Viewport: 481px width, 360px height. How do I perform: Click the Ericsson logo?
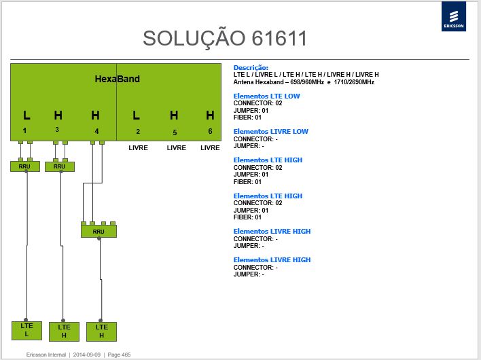tap(454, 16)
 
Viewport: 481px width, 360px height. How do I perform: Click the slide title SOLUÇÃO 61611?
tap(225, 38)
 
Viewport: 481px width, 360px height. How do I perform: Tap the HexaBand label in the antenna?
tap(117, 79)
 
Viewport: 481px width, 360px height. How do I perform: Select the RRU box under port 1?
tap(25, 166)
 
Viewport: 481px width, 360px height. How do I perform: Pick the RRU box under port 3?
tap(60, 166)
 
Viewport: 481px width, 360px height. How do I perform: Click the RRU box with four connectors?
tap(99, 231)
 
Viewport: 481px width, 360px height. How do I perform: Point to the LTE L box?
tap(26, 330)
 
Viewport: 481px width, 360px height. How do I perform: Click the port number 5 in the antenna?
tap(175, 132)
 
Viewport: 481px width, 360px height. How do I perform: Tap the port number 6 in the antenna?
tap(210, 131)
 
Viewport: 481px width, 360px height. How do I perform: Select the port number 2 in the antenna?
tap(138, 132)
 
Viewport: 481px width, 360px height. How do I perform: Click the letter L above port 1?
tap(26, 115)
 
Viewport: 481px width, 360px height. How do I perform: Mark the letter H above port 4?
tap(95, 115)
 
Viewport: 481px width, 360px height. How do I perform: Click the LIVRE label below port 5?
tap(177, 148)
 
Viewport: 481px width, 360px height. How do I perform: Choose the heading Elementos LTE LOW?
tap(266, 96)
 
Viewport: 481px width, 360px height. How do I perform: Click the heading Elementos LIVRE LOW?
tap(271, 132)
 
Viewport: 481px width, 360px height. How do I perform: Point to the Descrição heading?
tap(251, 68)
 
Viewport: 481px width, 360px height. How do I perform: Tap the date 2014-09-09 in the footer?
tap(87, 355)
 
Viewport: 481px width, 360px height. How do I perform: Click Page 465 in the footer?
tap(119, 355)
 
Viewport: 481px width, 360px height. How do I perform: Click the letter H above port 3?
tap(58, 115)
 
